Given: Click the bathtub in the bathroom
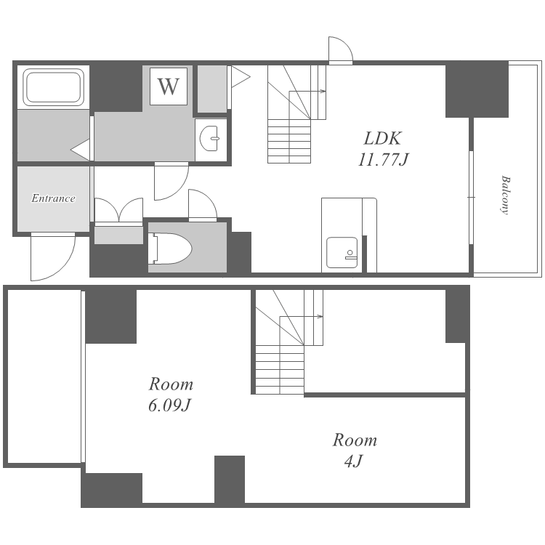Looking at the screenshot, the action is coord(54,87).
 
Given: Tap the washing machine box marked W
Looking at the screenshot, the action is coord(169,86).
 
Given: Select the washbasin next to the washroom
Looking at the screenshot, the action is coord(209,138).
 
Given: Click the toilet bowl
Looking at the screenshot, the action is coord(170,249).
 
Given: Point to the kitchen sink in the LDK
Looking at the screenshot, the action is coord(342,253).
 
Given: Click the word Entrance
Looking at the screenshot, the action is coord(53,198).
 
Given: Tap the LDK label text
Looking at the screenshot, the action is coord(382,138).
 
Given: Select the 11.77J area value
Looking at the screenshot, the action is coord(382,160).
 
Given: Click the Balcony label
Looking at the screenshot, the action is coord(505,195).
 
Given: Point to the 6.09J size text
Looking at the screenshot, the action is coord(170,405).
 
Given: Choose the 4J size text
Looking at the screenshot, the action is coord(354,461).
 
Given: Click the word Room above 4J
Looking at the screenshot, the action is coord(355,440).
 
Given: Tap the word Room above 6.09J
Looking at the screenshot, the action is coord(171,384).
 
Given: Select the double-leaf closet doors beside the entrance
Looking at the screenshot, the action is coord(119,210).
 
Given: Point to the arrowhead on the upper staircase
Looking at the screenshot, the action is coord(323,92).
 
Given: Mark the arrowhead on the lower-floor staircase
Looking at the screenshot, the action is coord(320,317).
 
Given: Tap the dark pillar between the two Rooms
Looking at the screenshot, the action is coord(230,479).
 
